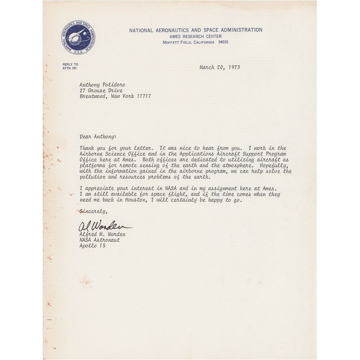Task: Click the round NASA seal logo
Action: (x=78, y=37)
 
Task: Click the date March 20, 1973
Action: (x=220, y=67)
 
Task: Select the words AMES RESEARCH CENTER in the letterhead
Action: (x=195, y=36)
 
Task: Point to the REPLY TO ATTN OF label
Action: (x=70, y=66)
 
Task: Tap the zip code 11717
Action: (x=144, y=96)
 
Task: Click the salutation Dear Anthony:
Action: (x=98, y=136)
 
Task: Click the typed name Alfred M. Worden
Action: (x=102, y=234)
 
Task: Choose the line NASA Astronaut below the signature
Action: (x=100, y=240)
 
